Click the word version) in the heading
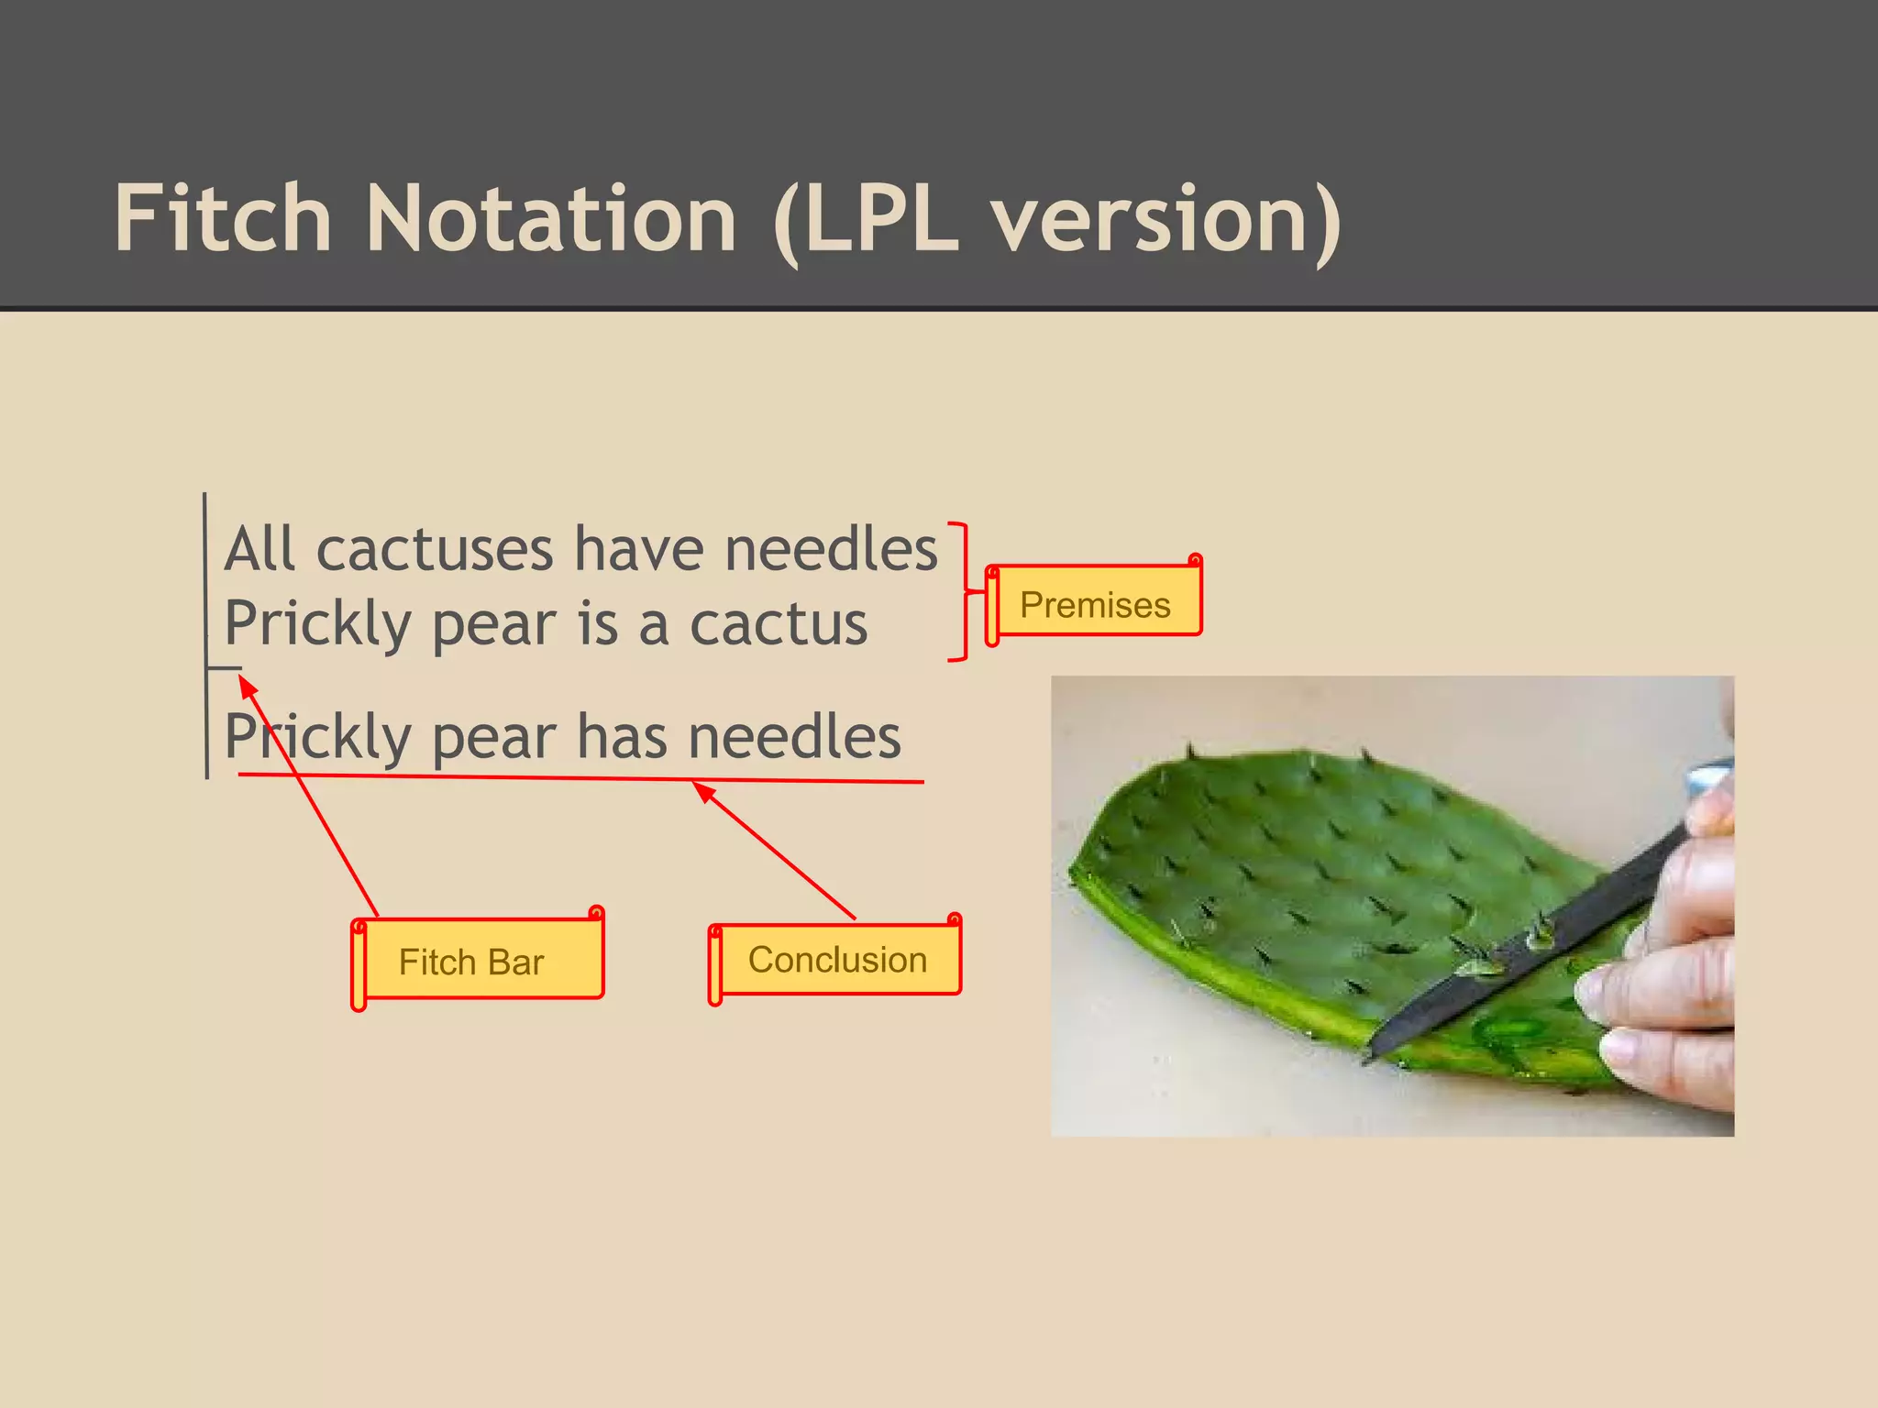[1166, 220]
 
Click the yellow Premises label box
[1096, 604]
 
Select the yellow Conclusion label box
[837, 960]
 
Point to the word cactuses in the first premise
[435, 550]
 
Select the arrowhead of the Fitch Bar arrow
[247, 685]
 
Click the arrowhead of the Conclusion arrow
[702, 790]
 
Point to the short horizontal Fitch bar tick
[225, 668]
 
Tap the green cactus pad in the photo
[1284, 880]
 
